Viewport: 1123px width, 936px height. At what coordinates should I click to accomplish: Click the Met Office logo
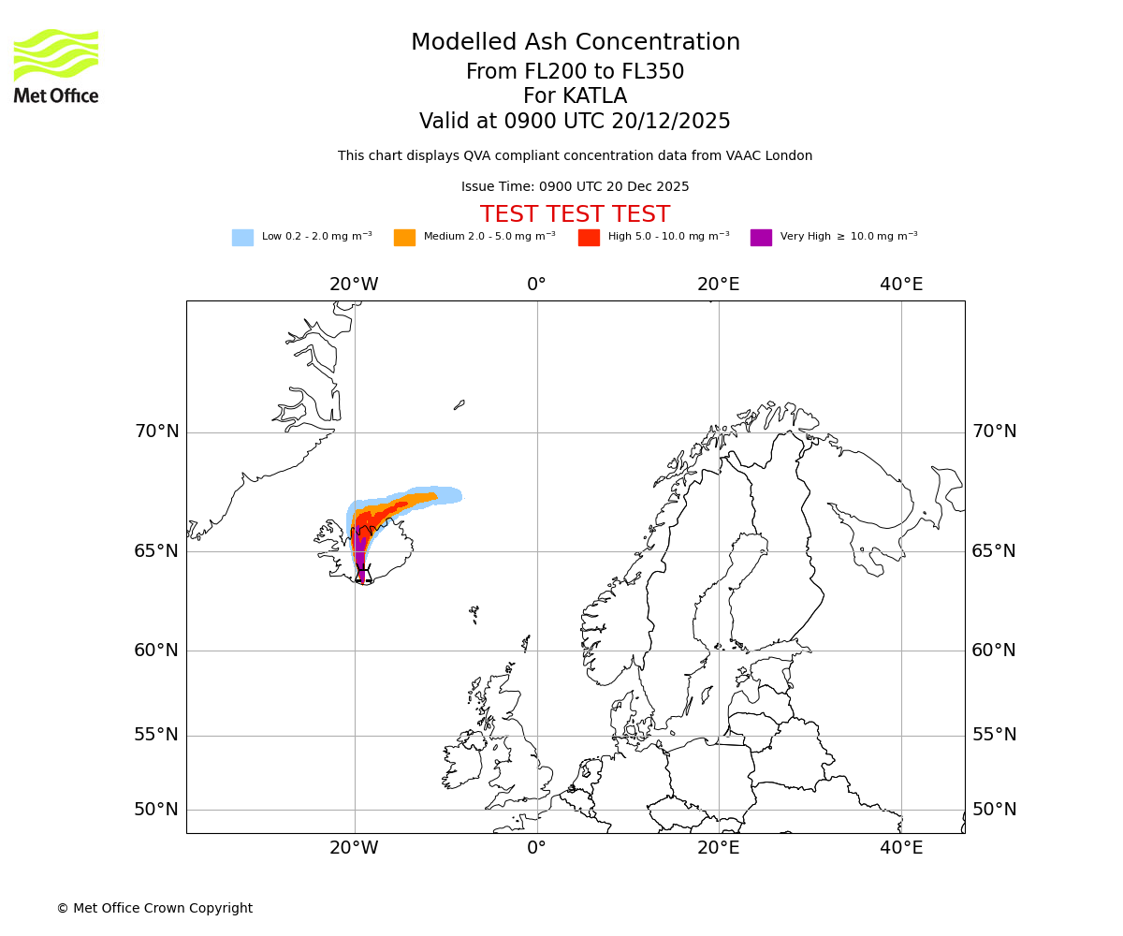pyautogui.click(x=56, y=66)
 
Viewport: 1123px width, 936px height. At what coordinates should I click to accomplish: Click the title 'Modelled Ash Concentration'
pyautogui.click(x=575, y=43)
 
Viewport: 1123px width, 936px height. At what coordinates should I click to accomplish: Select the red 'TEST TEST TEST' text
pyautogui.click(x=575, y=215)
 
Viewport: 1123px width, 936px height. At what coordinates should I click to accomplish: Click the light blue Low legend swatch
pyautogui.click(x=242, y=238)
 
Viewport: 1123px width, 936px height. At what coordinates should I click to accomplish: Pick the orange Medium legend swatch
pyautogui.click(x=404, y=238)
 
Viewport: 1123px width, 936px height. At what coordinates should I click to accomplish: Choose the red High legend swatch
pyautogui.click(x=589, y=238)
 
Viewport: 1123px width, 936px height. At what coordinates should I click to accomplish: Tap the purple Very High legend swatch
pyautogui.click(x=761, y=238)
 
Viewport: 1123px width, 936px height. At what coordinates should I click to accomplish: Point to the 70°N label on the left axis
pyautogui.click(x=156, y=432)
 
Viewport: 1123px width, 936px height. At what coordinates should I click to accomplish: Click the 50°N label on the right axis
pyautogui.click(x=994, y=810)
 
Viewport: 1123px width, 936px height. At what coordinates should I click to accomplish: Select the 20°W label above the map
pyautogui.click(x=354, y=285)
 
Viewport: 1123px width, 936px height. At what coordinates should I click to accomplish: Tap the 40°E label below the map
pyautogui.click(x=901, y=848)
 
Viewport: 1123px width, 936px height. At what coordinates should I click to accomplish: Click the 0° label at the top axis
pyautogui.click(x=536, y=285)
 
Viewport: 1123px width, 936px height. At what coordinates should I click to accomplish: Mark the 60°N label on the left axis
pyautogui.click(x=156, y=651)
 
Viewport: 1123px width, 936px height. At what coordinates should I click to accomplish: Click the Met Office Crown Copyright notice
pyautogui.click(x=154, y=909)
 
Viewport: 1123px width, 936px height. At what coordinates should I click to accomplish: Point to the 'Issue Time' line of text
pyautogui.click(x=575, y=187)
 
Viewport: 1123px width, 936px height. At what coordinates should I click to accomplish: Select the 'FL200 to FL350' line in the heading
pyautogui.click(x=575, y=72)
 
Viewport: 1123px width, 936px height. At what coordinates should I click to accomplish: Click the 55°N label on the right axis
pyautogui.click(x=994, y=735)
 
